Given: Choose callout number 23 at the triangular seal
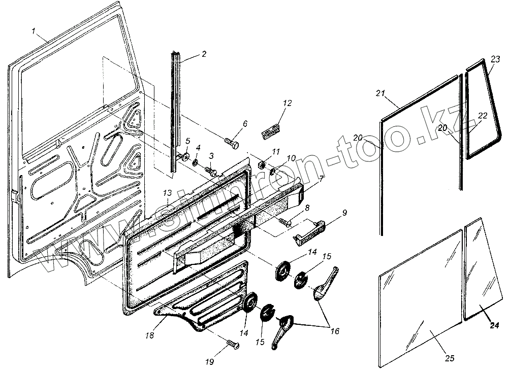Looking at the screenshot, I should pos(496,59).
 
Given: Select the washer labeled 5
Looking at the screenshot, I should pos(185,156).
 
